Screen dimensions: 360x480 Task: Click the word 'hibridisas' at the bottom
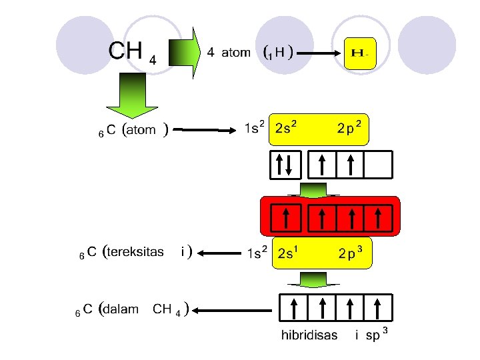click(309, 335)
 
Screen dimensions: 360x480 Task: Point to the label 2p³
click(350, 253)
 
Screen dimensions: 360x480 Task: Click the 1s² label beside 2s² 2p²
click(255, 127)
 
